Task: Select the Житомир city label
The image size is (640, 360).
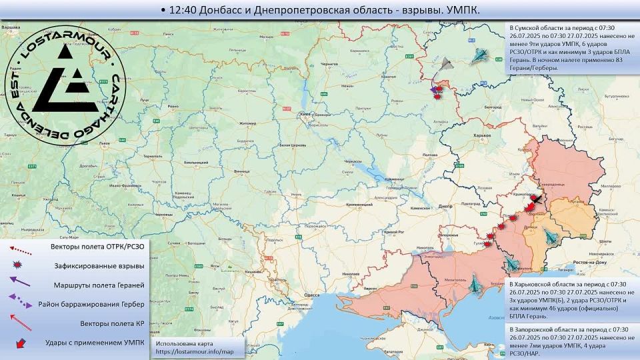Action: pos(248,123)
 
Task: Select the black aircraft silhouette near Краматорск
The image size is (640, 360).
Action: pos(535,199)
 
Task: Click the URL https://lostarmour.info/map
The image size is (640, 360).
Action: pos(195,351)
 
